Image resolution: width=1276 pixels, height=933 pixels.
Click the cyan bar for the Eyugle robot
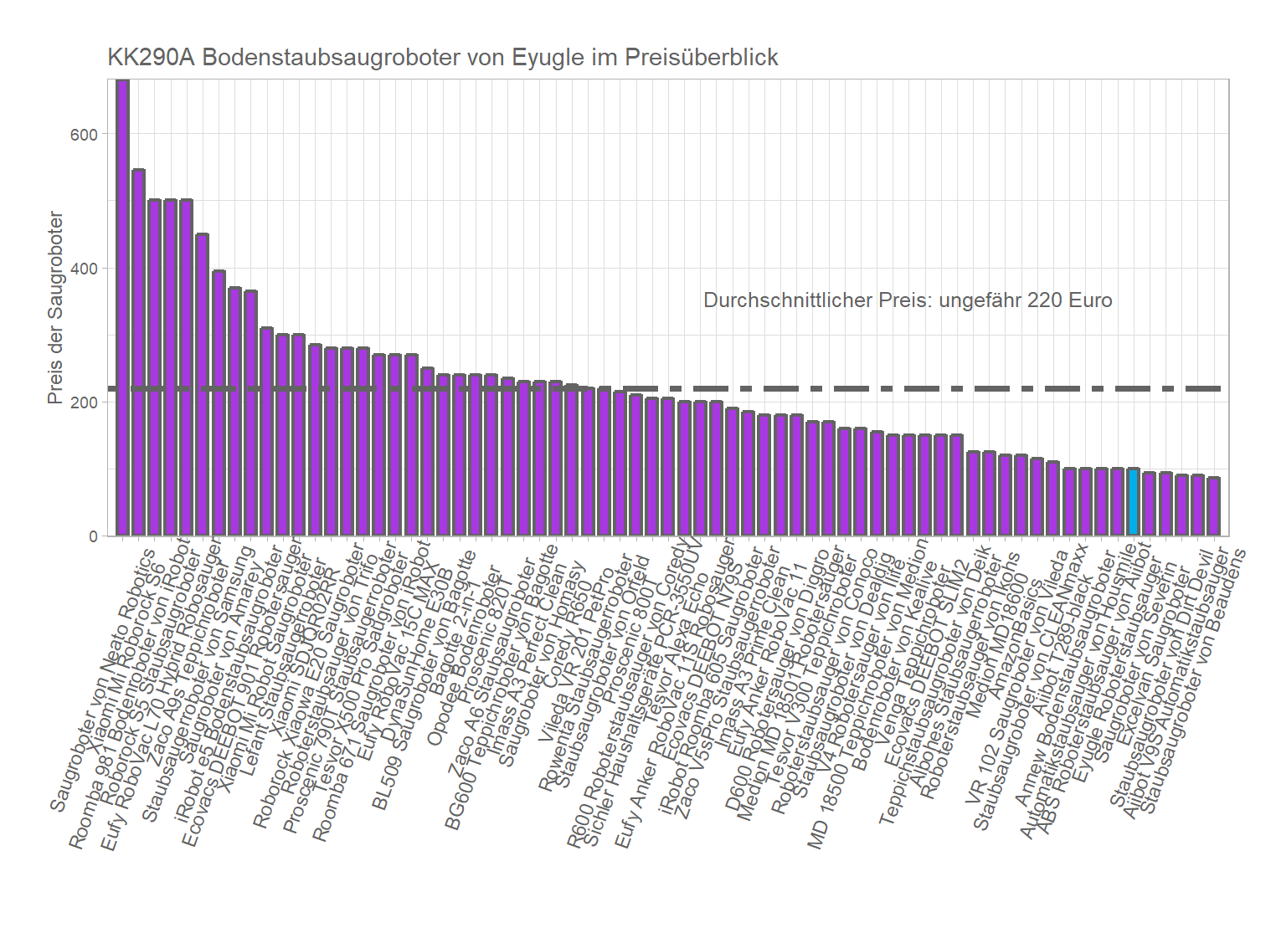1133,502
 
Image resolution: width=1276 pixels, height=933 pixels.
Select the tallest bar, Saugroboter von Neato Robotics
122,310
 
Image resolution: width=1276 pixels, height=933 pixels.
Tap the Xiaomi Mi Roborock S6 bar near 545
139,351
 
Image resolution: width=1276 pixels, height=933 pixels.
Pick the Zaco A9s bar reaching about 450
203,385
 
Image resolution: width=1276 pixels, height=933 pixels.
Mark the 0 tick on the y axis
93,536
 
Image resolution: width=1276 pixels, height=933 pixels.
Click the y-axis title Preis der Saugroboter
55,308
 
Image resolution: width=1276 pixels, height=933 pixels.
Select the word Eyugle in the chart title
548,57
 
